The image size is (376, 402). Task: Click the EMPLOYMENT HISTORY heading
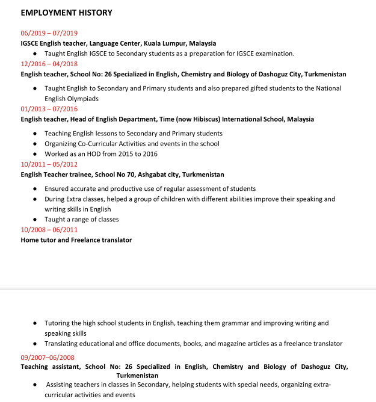(66, 13)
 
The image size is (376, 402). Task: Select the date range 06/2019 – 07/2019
(49, 33)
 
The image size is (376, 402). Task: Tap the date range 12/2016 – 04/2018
(49, 64)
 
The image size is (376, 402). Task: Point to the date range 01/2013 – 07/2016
(49, 109)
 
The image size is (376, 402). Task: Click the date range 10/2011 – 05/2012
(49, 164)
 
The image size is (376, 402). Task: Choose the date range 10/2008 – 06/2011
(49, 229)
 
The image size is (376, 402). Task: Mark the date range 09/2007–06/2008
(48, 357)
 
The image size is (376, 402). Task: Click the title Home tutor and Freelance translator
(76, 240)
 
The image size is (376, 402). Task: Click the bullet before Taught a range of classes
(37, 220)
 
